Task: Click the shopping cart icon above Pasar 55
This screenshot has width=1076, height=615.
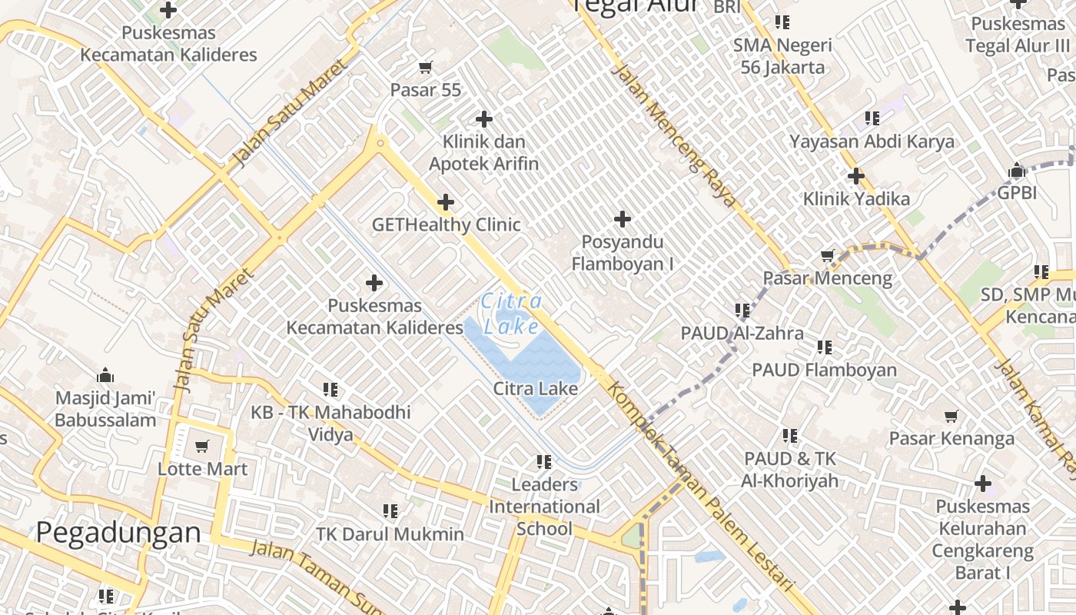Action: [x=426, y=68]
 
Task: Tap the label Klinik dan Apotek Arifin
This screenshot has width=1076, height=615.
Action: [x=483, y=152]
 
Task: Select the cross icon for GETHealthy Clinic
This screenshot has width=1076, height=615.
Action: [x=445, y=203]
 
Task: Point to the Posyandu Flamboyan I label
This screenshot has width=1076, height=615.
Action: [x=623, y=253]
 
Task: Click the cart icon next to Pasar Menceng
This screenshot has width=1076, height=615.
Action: [x=828, y=255]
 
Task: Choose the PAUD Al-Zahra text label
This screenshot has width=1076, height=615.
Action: [x=742, y=333]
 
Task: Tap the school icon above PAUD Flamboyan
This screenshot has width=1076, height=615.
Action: [x=825, y=347]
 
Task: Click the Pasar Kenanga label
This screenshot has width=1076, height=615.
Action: [x=951, y=438]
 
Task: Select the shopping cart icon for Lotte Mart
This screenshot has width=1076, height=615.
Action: [x=202, y=446]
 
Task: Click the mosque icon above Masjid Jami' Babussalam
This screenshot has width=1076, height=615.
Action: [x=105, y=376]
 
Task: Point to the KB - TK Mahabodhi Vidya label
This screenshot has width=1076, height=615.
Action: [x=330, y=423]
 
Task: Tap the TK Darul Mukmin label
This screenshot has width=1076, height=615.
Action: [x=390, y=534]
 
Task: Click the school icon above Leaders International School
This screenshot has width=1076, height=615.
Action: [x=544, y=462]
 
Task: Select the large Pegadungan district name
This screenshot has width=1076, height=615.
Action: [x=118, y=532]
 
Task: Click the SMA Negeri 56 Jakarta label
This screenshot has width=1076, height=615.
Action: [x=782, y=56]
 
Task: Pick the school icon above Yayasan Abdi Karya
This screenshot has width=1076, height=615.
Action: [x=872, y=118]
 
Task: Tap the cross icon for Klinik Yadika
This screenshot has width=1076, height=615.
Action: [x=855, y=176]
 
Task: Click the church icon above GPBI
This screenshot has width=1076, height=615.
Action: [x=1017, y=170]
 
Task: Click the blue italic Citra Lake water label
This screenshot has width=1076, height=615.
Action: [x=512, y=314]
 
